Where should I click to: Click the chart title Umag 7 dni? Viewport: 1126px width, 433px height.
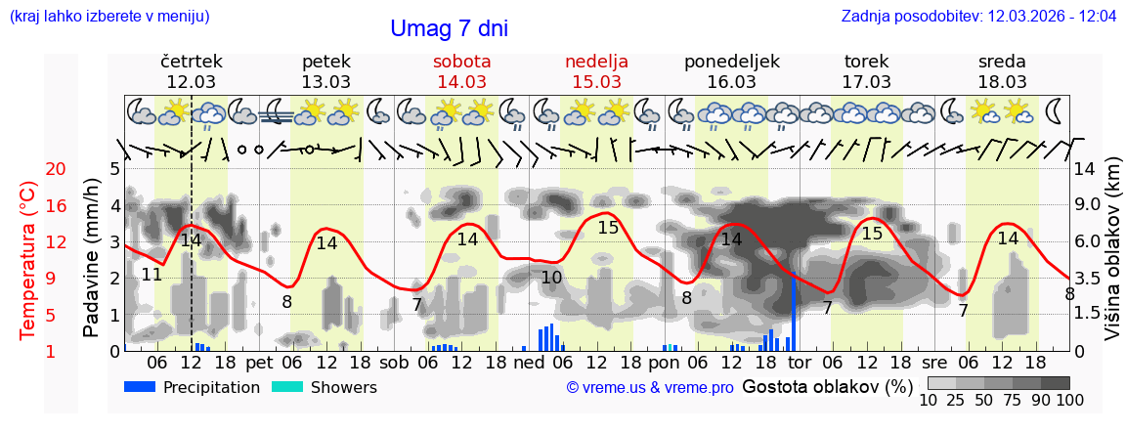[449, 29]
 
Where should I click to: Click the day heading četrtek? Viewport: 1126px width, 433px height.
[192, 62]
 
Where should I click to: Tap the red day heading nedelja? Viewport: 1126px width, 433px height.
[596, 62]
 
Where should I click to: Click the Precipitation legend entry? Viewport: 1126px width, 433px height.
[193, 387]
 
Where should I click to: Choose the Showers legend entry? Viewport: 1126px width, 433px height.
[325, 387]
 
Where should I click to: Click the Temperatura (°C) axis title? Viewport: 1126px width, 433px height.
[29, 260]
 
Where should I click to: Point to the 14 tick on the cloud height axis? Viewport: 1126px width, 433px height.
[1085, 169]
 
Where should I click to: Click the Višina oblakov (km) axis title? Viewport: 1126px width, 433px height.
[1112, 249]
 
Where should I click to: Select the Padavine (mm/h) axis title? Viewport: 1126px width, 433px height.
[92, 258]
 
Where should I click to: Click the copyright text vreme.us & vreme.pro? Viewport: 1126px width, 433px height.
[650, 388]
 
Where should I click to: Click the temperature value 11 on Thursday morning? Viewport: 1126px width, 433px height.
[152, 275]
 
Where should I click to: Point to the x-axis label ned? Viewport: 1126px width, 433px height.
[529, 363]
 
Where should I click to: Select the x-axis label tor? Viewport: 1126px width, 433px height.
[800, 363]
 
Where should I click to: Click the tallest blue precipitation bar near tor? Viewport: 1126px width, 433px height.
[793, 311]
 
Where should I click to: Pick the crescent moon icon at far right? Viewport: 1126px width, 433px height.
[1055, 109]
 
